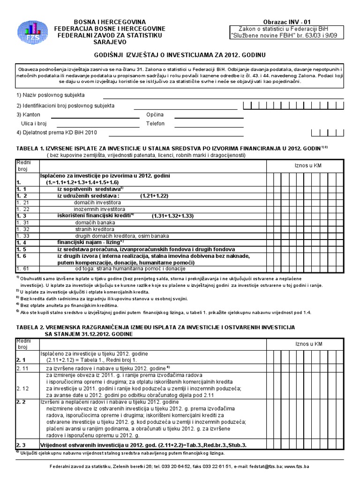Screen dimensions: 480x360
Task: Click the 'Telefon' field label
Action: (x=155, y=123)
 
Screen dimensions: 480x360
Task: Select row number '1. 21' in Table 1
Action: (x=23, y=202)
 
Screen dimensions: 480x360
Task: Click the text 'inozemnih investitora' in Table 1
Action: (x=99, y=209)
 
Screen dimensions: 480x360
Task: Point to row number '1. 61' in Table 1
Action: (x=23, y=269)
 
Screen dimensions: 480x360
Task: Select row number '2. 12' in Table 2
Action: (x=23, y=389)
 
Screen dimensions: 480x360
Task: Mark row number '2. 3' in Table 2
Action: (x=23, y=444)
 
